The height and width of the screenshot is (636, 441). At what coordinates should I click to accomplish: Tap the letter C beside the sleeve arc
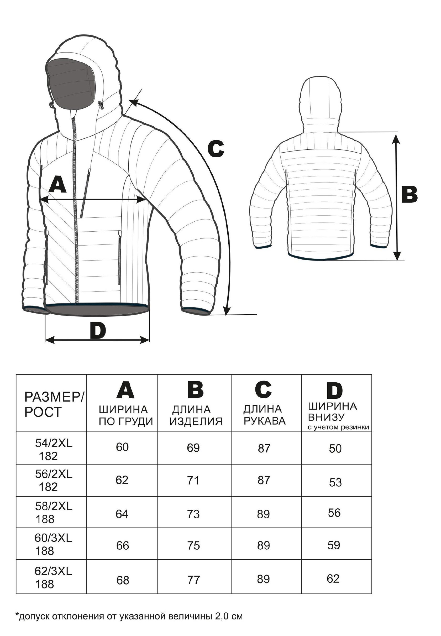click(x=216, y=149)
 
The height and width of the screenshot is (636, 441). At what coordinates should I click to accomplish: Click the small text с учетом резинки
click(x=338, y=427)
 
